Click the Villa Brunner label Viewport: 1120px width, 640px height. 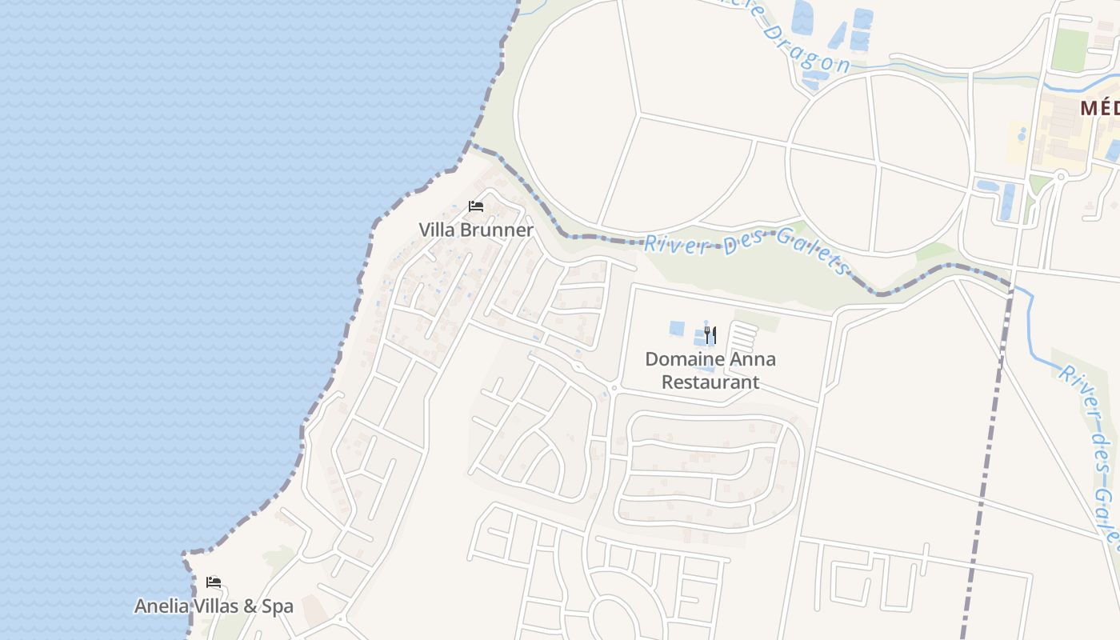476,230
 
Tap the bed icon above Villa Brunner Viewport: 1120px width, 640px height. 476,206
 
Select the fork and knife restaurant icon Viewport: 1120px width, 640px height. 710,335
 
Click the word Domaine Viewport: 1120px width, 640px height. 681,359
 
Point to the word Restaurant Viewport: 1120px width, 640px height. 710,382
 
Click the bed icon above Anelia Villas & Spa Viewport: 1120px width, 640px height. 213,582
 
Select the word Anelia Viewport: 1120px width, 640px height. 161,606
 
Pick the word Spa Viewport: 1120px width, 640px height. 278,606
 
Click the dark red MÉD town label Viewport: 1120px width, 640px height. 1100,108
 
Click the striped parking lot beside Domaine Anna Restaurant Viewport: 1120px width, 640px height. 744,336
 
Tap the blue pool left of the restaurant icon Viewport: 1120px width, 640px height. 677,328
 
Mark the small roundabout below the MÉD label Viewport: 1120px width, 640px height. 1061,175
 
